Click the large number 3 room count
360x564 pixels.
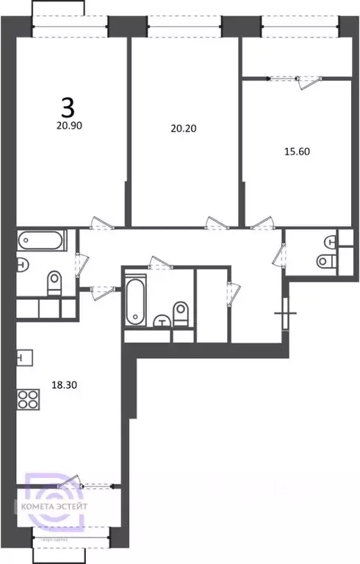(x=67, y=109)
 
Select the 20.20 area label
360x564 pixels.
(x=183, y=128)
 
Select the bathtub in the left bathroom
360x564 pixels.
(x=42, y=240)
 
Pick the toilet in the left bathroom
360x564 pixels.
(x=54, y=283)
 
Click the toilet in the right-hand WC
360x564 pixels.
(x=325, y=260)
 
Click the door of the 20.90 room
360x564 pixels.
(x=98, y=223)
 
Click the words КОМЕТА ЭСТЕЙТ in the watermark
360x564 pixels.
(x=68, y=507)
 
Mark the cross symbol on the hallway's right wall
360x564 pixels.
(x=284, y=314)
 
